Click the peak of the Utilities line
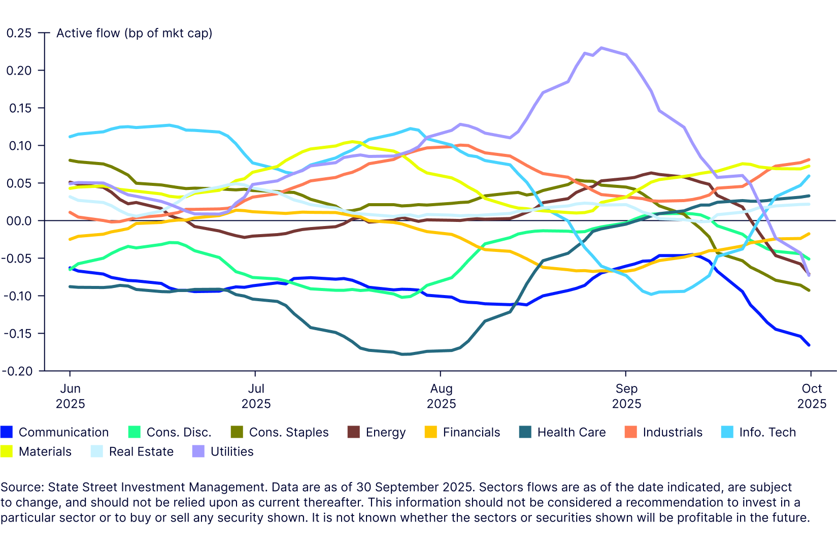pyautogui.click(x=601, y=48)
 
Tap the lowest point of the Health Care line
pyautogui.click(x=404, y=354)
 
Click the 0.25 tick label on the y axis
pyautogui.click(x=19, y=33)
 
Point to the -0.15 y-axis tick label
pyautogui.click(x=17, y=334)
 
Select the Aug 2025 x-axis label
pyautogui.click(x=441, y=396)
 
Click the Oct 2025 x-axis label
pyautogui.click(x=812, y=396)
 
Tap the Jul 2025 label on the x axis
pyautogui.click(x=256, y=396)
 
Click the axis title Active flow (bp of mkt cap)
pyautogui.click(x=134, y=33)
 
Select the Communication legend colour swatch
pyautogui.click(x=6, y=432)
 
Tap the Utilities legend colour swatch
pyautogui.click(x=198, y=451)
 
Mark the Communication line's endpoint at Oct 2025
pyautogui.click(x=809, y=345)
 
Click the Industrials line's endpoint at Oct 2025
pyautogui.click(x=809, y=159)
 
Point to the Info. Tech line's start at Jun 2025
pyautogui.click(x=70, y=137)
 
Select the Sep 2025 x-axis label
pyautogui.click(x=626, y=396)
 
